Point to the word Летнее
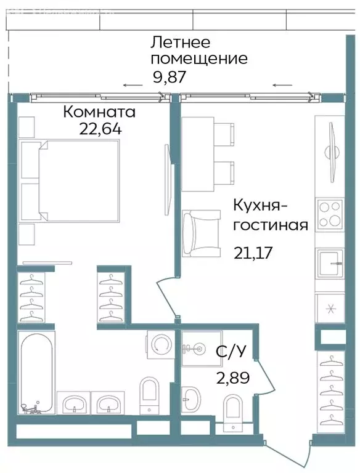pos(181,42)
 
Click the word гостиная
pos(270,225)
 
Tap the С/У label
pos(231,352)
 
